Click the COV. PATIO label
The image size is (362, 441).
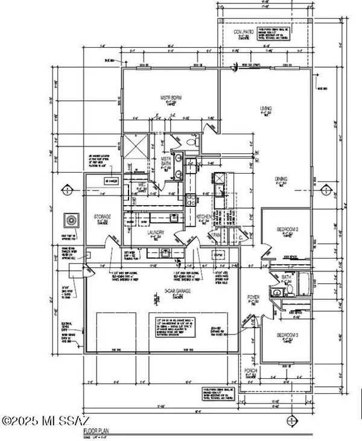(246, 32)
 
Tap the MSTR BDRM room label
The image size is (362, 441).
(154, 97)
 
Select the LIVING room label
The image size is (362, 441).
(266, 109)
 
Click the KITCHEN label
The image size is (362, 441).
(203, 215)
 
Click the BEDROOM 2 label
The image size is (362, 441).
(288, 229)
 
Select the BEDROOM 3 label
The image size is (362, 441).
(287, 335)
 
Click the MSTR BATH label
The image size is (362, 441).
(167, 162)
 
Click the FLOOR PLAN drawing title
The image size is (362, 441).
(96, 432)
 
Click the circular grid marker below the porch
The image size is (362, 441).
(293, 420)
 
